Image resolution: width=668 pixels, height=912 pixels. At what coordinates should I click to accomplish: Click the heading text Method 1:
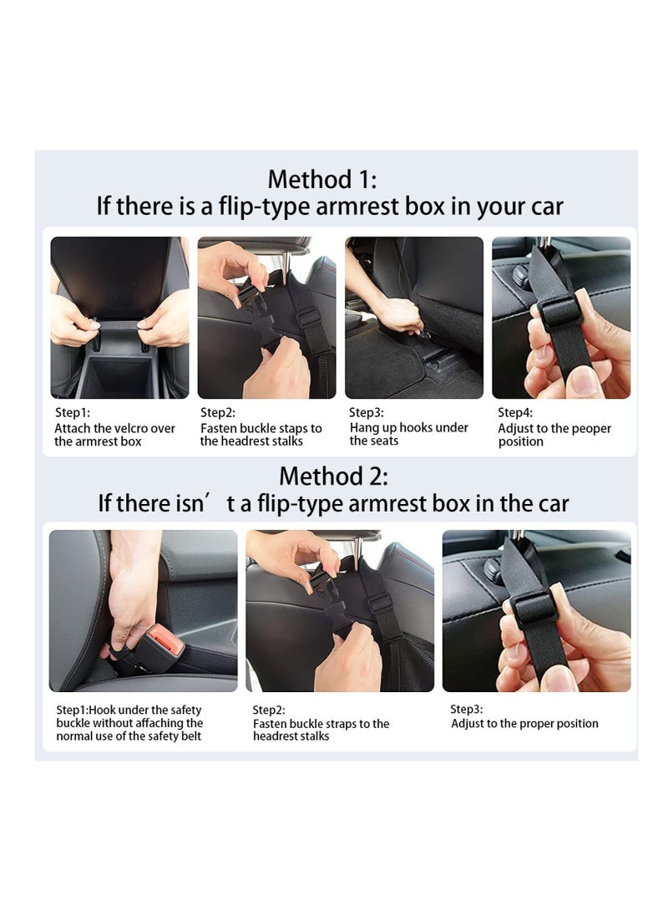click(x=322, y=179)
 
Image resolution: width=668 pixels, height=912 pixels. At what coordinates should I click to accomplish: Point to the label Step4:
click(x=515, y=412)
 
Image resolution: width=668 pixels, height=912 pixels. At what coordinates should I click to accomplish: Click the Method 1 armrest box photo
click(x=119, y=317)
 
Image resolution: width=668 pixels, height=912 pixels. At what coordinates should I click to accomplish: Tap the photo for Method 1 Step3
click(x=413, y=317)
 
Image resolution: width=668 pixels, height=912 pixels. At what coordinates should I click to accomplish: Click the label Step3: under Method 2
click(x=468, y=708)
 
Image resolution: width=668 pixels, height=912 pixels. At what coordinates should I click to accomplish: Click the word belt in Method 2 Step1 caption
click(x=190, y=736)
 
